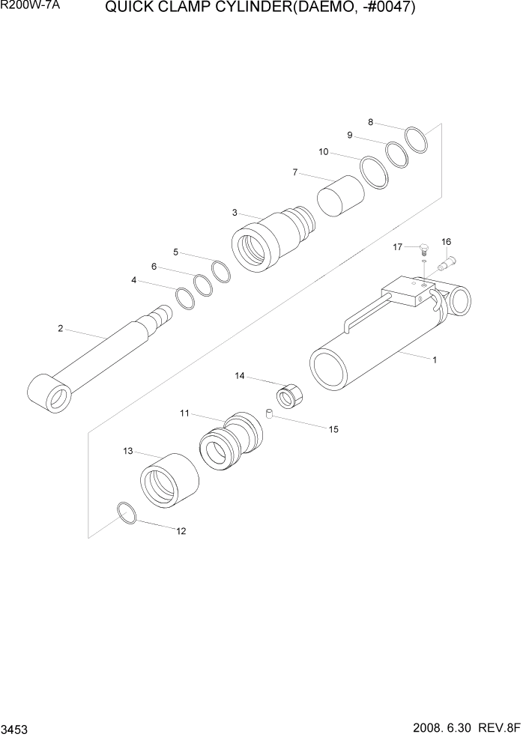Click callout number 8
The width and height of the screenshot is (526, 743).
point(370,121)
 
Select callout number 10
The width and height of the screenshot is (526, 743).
point(324,152)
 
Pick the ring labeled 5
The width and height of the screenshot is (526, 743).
point(221,271)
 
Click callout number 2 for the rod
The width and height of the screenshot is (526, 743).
point(60,328)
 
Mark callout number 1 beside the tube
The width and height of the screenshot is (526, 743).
point(434,360)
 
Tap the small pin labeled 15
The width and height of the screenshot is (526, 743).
point(267,413)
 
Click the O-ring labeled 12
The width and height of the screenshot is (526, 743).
point(127,513)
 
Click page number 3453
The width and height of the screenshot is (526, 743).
point(16,728)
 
